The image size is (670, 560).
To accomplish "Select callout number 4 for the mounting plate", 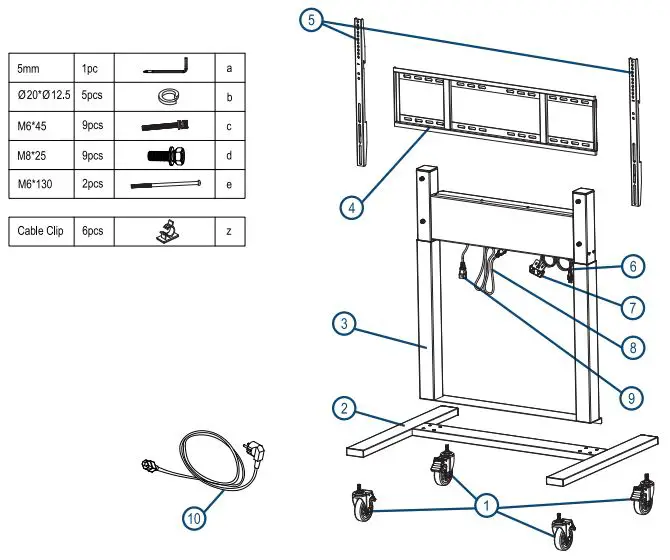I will [350, 208].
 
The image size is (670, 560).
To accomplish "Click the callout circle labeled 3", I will [343, 323].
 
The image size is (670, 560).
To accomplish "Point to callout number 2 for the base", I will [344, 408].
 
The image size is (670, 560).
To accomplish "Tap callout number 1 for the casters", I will [487, 507].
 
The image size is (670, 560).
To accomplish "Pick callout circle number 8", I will [628, 348].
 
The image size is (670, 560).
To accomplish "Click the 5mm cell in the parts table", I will [41, 69].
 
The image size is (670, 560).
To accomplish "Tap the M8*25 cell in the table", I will [41, 156].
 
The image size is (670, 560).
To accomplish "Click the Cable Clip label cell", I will [41, 231].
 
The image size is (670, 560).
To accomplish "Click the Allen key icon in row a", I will [165, 68].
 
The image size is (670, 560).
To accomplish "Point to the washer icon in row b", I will [165, 98].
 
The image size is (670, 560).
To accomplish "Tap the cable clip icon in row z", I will [164, 231].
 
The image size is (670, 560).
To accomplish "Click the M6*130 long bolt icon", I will [165, 185].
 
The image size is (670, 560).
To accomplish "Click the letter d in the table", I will [230, 156].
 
